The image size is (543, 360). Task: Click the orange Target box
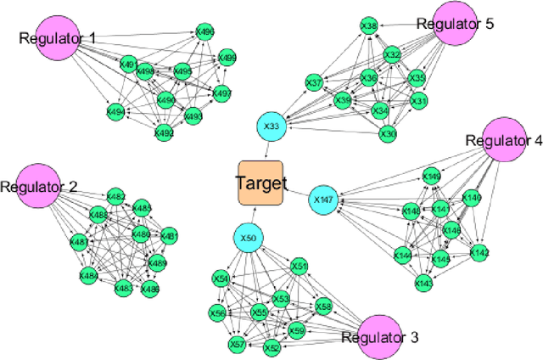click(x=261, y=183)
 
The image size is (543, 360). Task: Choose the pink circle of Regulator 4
click(x=492, y=141)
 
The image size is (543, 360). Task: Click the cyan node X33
click(x=271, y=127)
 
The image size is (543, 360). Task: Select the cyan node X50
click(x=248, y=239)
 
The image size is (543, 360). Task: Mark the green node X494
click(x=115, y=110)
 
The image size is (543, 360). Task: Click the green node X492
click(x=163, y=132)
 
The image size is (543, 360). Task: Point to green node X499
click(x=227, y=58)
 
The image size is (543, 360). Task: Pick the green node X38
click(x=368, y=25)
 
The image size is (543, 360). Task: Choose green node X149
click(x=432, y=176)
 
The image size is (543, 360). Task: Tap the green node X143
click(x=424, y=283)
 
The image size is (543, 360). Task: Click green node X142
click(x=479, y=253)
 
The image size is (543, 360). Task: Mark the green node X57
click(x=238, y=344)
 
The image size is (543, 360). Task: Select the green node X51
click(x=299, y=267)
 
